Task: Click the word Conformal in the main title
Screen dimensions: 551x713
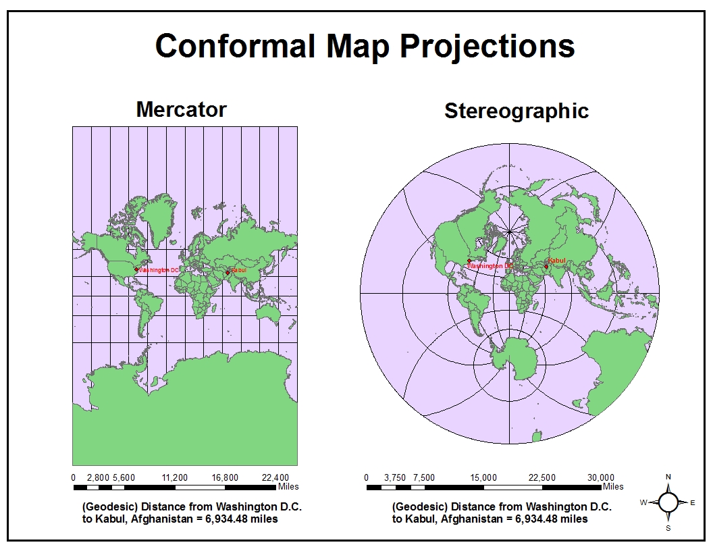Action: coord(235,46)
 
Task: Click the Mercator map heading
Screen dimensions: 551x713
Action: coord(181,109)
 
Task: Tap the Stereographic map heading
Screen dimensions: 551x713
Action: coord(516,111)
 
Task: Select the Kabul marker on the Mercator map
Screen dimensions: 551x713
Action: coord(228,272)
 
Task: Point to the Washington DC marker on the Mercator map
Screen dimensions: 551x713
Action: coord(136,269)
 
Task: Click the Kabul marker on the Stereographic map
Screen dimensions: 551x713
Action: coord(546,266)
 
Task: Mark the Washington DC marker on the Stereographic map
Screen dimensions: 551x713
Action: coord(469,261)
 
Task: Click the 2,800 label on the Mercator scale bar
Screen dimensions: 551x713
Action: coord(99,477)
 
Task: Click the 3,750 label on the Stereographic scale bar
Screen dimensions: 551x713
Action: coord(395,477)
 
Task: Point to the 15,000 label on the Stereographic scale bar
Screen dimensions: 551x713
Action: coord(483,477)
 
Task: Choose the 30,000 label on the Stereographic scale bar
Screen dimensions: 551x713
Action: coord(601,477)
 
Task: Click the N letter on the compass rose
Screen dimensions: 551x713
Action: coord(668,476)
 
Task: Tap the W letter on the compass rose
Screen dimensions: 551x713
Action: coord(643,502)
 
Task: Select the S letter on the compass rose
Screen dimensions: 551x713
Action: coord(668,528)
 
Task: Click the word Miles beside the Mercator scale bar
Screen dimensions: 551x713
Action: coord(288,486)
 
